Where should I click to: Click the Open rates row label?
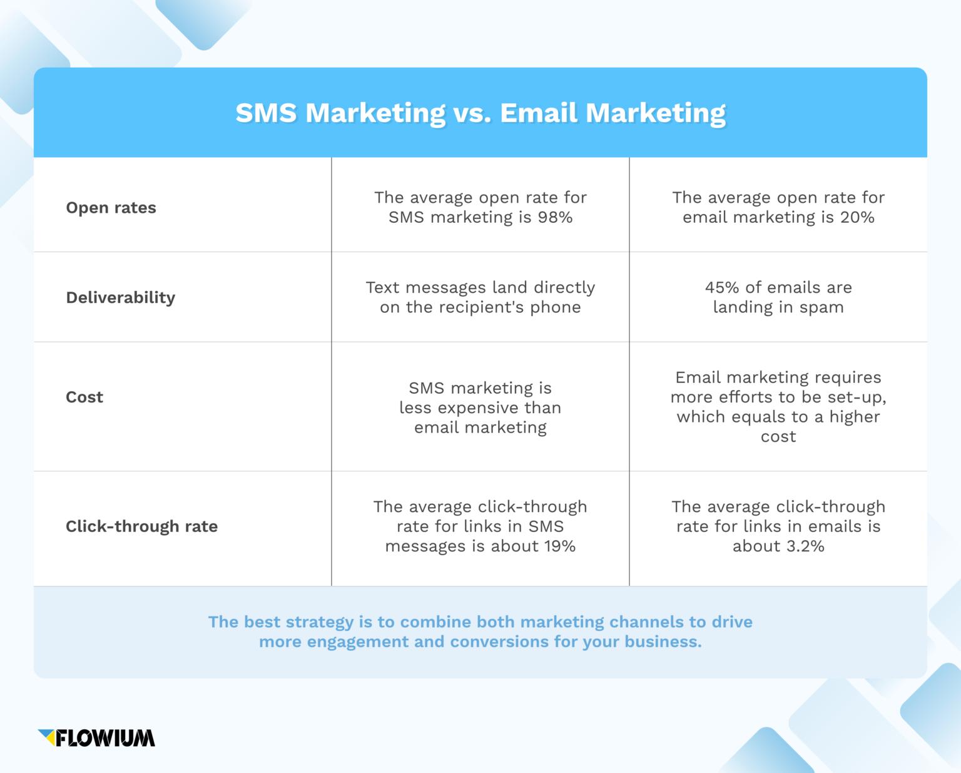(111, 208)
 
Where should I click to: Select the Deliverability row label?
(121, 297)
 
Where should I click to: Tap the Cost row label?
(84, 397)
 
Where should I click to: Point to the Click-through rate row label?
(142, 526)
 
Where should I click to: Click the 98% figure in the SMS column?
(555, 217)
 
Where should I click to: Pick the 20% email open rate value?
(857, 217)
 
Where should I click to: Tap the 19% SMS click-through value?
(559, 546)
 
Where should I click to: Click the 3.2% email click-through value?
(805, 546)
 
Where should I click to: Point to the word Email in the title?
(539, 113)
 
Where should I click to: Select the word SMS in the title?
(266, 113)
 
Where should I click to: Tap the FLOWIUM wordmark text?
(105, 739)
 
